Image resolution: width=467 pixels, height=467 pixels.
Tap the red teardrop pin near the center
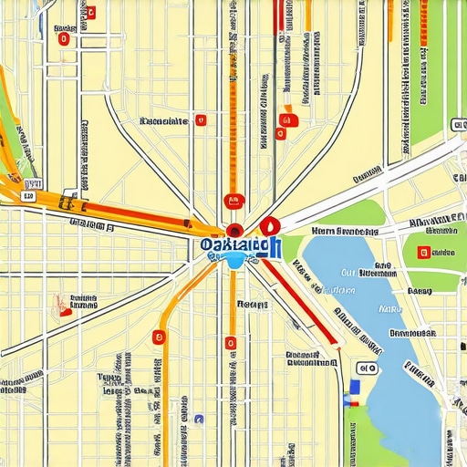(268, 226)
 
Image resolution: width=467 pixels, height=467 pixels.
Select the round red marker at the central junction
(234, 232)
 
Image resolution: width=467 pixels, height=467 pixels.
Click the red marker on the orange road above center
(233, 201)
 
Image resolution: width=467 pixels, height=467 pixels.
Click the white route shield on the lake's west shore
(367, 368)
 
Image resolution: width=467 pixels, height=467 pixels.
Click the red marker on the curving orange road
(159, 338)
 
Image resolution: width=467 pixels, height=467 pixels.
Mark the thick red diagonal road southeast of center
(301, 306)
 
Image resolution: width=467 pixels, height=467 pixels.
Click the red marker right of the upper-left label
(201, 119)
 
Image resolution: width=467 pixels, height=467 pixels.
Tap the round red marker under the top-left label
(63, 38)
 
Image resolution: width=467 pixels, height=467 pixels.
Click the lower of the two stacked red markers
(280, 133)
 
